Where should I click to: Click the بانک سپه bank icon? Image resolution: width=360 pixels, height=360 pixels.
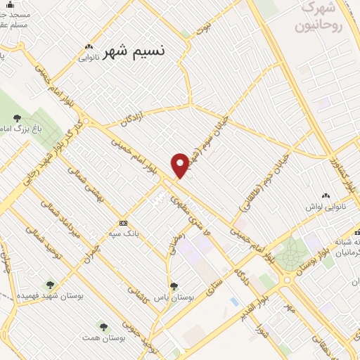(124, 223)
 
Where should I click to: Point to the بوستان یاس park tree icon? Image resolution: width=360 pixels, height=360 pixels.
(174, 286)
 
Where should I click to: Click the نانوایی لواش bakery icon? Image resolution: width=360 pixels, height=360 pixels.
(325, 195)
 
